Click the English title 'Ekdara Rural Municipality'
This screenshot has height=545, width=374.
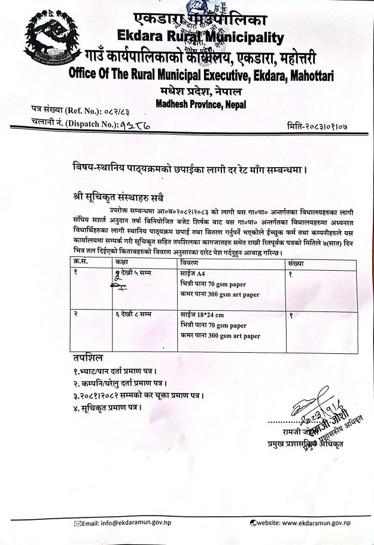[x=200, y=38]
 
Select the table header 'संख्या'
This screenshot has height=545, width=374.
[x=296, y=263]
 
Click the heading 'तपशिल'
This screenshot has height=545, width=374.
[x=86, y=358]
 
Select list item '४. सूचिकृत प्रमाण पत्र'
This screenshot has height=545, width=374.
[x=106, y=407]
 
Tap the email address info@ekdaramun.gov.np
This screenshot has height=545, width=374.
[x=132, y=523]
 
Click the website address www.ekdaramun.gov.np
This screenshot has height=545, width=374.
[x=308, y=523]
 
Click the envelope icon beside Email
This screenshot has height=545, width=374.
[x=77, y=523]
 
